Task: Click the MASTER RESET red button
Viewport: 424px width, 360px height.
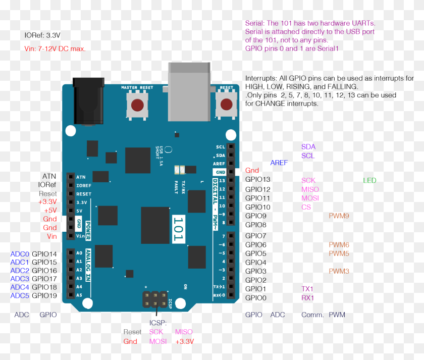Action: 137,106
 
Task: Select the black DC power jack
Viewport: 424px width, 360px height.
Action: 88,101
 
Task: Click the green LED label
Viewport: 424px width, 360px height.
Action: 369,180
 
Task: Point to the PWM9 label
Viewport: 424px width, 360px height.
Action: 339,216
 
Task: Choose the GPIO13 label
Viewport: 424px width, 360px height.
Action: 258,180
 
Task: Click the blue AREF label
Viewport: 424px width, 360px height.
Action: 279,163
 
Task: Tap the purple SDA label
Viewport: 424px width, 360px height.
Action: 308,146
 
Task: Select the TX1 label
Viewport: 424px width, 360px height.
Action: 307,289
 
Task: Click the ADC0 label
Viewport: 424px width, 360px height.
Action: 20,254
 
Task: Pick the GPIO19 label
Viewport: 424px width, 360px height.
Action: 44,295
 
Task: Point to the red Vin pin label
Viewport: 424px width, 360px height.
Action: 51,236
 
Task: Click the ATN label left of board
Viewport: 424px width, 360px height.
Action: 49,176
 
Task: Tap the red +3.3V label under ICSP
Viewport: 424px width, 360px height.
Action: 184,341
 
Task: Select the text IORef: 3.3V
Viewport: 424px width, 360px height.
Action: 42,36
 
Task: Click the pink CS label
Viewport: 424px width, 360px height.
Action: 306,207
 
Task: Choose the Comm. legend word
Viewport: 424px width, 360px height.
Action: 312,315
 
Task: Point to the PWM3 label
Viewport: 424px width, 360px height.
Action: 339,271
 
